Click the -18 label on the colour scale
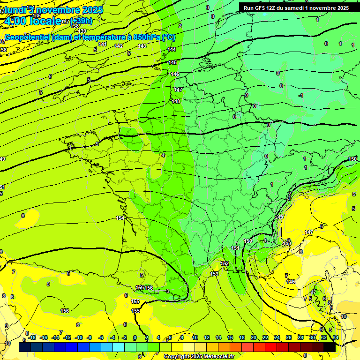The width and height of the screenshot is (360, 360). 31,337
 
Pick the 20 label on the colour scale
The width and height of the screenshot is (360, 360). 254,337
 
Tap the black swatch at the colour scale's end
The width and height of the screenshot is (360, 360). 329,347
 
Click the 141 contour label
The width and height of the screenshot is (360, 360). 103,45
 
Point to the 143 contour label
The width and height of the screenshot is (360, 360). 142,46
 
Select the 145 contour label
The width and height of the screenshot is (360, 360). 172,62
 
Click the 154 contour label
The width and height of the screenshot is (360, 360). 120,218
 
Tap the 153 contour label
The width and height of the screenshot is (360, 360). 214,274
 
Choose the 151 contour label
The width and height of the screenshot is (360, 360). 235,248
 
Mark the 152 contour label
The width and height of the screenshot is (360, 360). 225,263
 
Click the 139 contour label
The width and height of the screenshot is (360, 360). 82,31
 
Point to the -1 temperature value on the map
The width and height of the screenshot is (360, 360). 301,95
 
